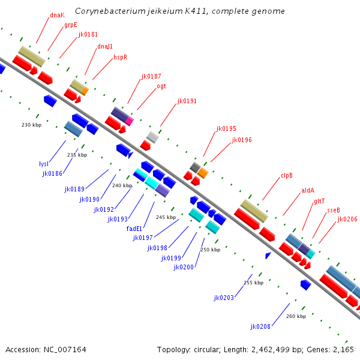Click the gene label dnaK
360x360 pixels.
click(57, 15)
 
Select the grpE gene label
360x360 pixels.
click(70, 25)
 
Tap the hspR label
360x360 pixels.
click(120, 57)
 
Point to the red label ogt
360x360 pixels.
click(161, 86)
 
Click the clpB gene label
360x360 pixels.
click(286, 176)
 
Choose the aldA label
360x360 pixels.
click(308, 191)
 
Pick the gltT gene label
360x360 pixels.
click(319, 201)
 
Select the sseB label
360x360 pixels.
click(333, 210)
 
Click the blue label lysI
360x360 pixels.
click(43, 164)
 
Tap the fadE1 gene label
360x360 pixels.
click(134, 229)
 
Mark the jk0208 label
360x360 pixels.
click(260, 326)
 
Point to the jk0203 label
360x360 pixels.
click(224, 297)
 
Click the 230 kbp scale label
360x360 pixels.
click(31, 125)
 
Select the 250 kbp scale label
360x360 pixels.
click(210, 250)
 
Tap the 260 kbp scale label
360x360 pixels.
click(296, 316)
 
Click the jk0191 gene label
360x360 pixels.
click(187, 101)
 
